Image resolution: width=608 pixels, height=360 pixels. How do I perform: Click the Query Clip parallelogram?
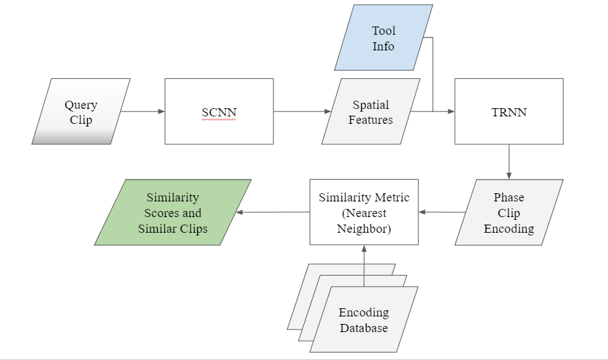coord(81,112)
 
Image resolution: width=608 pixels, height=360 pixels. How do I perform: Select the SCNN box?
coord(219,111)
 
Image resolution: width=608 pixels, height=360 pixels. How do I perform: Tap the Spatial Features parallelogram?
coord(371,112)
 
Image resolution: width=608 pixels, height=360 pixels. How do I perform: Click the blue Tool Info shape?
coord(383,38)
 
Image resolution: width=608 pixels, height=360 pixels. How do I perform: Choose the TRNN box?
coord(509,111)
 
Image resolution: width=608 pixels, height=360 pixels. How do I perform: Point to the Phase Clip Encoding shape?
coord(509,212)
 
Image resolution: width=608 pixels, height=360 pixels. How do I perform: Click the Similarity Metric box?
coord(364,212)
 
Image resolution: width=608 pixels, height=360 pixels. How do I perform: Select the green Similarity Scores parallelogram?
coord(173,212)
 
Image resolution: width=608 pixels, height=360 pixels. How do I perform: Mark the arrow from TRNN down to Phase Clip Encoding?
coord(509,161)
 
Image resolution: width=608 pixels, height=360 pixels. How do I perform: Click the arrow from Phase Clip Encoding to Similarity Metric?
coord(442,212)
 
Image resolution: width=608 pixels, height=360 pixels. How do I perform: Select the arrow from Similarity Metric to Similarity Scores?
coord(272,212)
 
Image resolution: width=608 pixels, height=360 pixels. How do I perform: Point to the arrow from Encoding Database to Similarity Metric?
coord(364,265)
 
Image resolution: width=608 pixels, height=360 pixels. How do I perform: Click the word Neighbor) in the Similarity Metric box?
coord(364,229)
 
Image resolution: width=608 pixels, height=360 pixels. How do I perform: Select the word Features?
coord(371,120)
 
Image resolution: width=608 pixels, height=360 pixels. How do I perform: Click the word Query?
coord(81,105)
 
